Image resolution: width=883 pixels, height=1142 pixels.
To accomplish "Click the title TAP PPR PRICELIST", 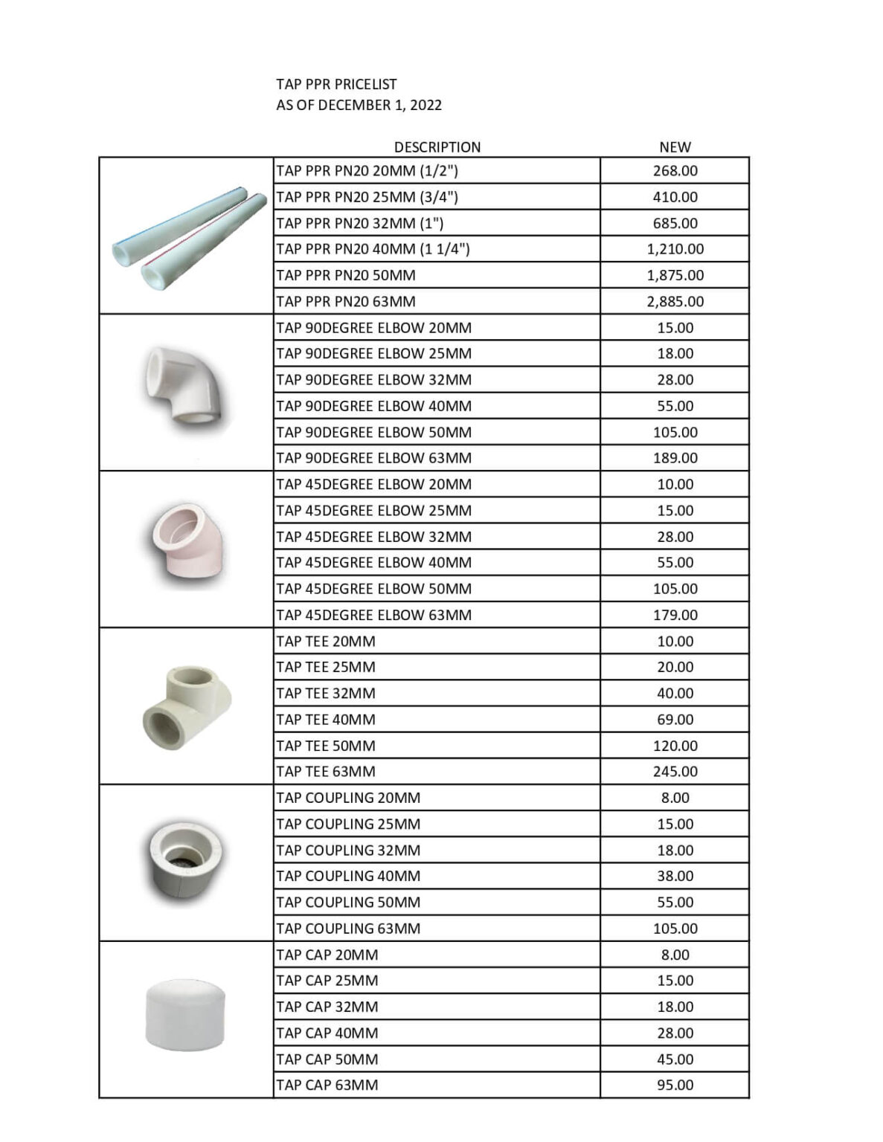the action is (336, 85).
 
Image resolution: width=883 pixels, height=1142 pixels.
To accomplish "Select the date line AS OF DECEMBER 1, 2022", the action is (359, 105).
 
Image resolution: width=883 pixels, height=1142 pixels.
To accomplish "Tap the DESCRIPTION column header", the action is (437, 147).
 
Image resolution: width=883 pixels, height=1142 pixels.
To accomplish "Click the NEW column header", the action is (675, 147).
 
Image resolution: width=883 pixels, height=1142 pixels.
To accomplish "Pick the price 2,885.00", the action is (675, 302).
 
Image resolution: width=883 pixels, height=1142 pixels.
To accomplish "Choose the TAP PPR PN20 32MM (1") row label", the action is (359, 223).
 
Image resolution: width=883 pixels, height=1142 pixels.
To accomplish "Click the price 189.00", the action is (675, 458).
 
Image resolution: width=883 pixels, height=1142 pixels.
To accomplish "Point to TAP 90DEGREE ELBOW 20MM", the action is (373, 328).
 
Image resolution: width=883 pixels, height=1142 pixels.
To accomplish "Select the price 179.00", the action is (675, 615).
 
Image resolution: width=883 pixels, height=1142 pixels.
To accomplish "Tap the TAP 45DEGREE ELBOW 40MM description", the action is (373, 563).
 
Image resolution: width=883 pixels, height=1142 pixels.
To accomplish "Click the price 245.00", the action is (675, 772).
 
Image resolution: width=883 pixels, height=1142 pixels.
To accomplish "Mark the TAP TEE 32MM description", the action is (326, 694).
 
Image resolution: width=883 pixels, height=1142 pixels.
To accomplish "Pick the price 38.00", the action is (675, 876).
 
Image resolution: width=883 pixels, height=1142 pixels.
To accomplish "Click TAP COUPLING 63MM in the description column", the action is (348, 929).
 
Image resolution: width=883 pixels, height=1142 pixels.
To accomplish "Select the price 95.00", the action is (675, 1085).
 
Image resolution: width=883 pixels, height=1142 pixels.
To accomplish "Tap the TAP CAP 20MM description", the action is (327, 955).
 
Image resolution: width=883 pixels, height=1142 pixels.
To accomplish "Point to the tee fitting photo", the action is (186, 706).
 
